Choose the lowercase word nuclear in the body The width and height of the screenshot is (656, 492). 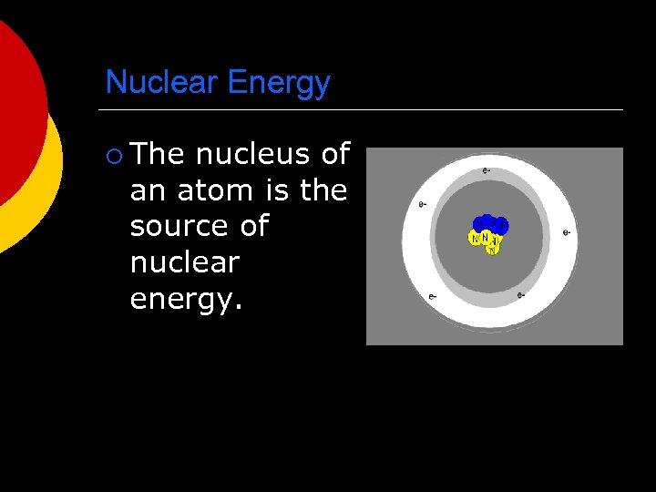[x=185, y=262]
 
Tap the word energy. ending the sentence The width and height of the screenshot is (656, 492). [x=187, y=300]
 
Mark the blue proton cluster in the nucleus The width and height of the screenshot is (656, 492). [x=490, y=224]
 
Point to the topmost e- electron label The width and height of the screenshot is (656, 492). [x=487, y=170]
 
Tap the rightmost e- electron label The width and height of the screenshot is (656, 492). [x=567, y=232]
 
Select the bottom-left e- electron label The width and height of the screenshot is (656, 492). [x=432, y=296]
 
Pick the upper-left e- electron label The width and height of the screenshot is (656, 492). [x=422, y=204]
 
